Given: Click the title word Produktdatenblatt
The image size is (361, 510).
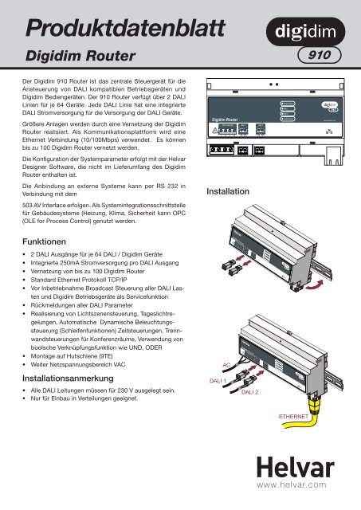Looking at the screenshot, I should [105, 26].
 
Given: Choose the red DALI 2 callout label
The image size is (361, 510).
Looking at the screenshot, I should [254, 393].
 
